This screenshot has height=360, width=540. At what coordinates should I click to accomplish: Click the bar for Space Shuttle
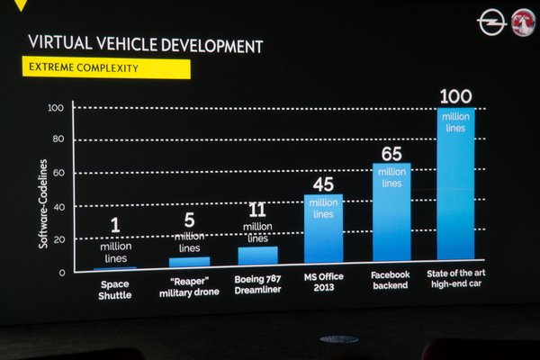pos(115,268)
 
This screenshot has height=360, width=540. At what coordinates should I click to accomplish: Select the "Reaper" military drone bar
pos(189,262)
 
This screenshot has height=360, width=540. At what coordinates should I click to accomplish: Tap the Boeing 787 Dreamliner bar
pos(257,256)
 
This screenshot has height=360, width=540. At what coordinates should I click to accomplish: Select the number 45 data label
pos(324,184)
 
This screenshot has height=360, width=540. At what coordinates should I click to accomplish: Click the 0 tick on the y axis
pos(62,273)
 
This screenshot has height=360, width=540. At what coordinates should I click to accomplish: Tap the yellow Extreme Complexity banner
pos(105,67)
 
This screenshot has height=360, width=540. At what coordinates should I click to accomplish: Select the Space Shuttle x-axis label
pos(115,289)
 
